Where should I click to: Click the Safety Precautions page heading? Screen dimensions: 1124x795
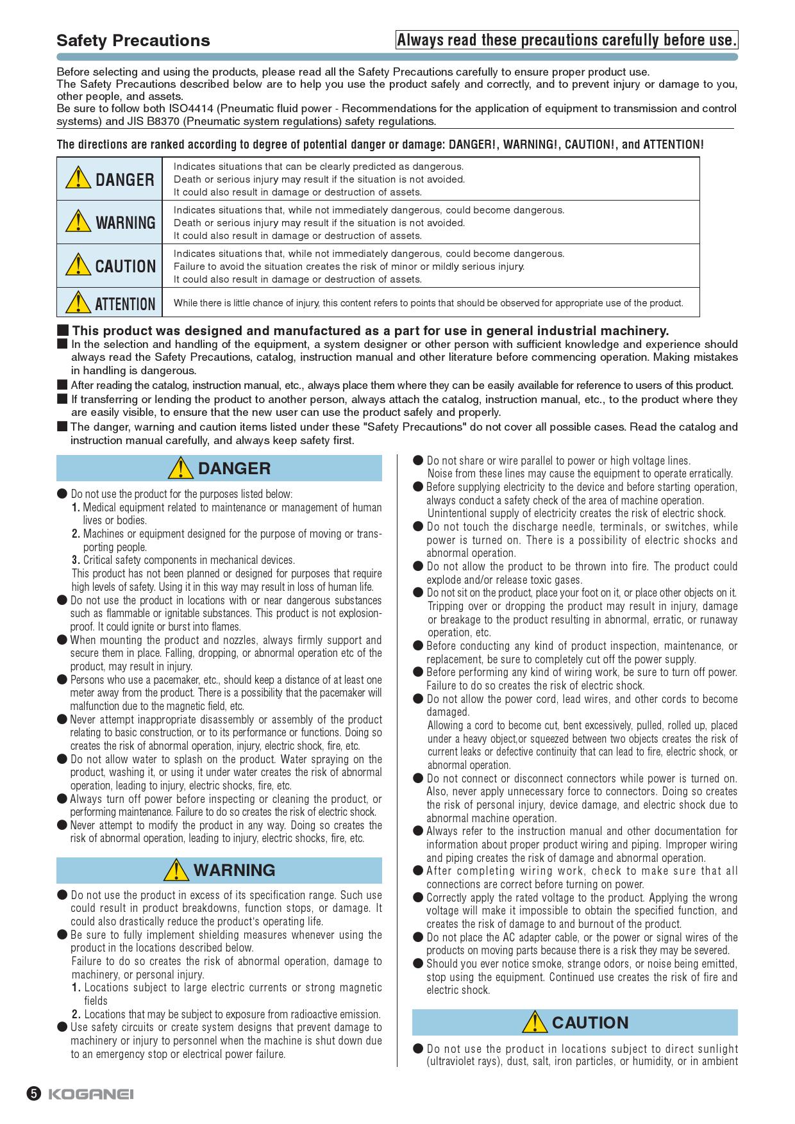tap(133, 40)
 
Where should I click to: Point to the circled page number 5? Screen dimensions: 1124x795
tap(34, 1094)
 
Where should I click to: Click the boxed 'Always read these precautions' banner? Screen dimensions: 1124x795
tap(567, 40)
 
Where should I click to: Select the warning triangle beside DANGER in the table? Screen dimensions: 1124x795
tap(78, 178)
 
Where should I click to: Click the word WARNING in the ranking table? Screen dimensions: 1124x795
tap(126, 223)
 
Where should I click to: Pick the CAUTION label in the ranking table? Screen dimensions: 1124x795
tap(126, 267)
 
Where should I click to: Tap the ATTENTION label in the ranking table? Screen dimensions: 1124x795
tap(126, 304)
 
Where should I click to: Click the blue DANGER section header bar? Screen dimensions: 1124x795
tap(219, 468)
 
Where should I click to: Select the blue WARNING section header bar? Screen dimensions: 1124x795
tap(219, 870)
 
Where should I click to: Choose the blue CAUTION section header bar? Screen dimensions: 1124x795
tap(574, 1023)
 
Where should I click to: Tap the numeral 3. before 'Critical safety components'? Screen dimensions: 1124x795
tap(76, 560)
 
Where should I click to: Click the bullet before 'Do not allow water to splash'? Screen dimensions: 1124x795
tap(62, 759)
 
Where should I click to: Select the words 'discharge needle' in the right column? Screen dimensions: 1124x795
tap(520, 527)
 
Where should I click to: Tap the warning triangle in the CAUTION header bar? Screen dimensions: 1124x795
tap(535, 1022)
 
